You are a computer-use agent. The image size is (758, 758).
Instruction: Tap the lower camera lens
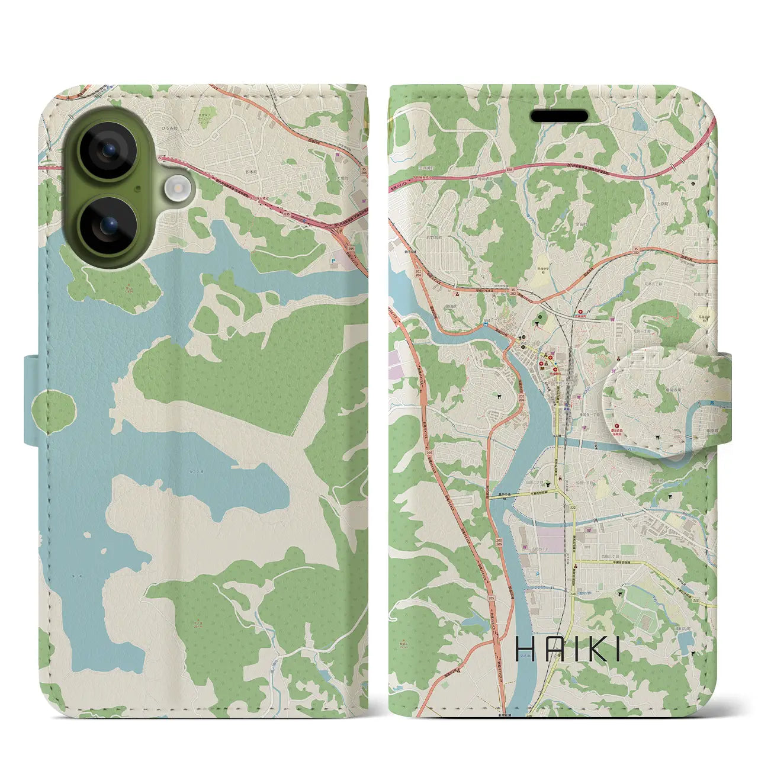tap(108, 226)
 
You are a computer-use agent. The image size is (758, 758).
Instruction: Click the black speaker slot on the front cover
tap(559, 116)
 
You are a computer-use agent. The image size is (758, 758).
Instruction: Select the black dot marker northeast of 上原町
tap(692, 184)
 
